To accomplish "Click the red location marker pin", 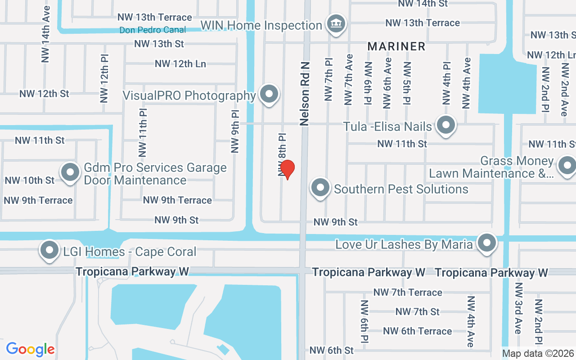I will [x=287, y=169].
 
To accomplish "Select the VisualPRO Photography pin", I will [x=270, y=94].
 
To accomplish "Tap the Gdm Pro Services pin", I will [x=70, y=172].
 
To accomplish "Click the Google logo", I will [x=30, y=349].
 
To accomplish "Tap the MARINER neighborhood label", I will [x=396, y=46].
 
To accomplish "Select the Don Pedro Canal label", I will [x=153, y=30].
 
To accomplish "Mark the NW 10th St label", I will [x=29, y=180].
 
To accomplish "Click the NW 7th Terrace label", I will [x=408, y=292].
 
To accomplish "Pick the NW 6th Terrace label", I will [x=417, y=331].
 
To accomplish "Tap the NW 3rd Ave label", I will [x=518, y=315].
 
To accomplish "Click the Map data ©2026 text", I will [x=538, y=354].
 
